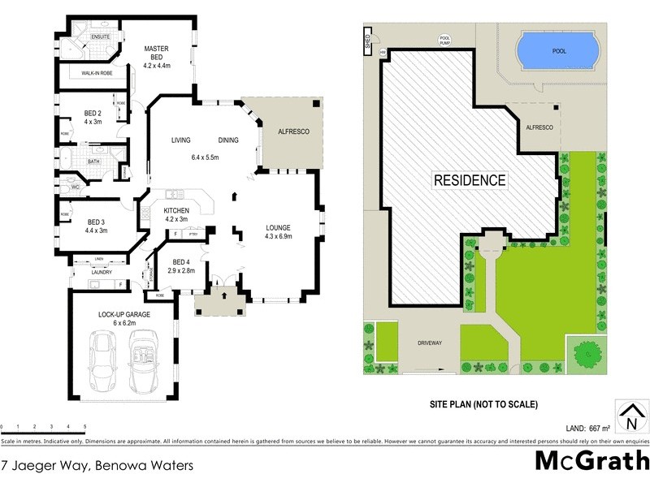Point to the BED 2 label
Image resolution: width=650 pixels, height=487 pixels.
click(93, 119)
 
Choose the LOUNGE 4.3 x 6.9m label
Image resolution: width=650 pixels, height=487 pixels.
click(278, 231)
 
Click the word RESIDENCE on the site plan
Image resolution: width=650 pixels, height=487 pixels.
click(469, 180)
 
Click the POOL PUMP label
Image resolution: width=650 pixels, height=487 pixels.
click(444, 39)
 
